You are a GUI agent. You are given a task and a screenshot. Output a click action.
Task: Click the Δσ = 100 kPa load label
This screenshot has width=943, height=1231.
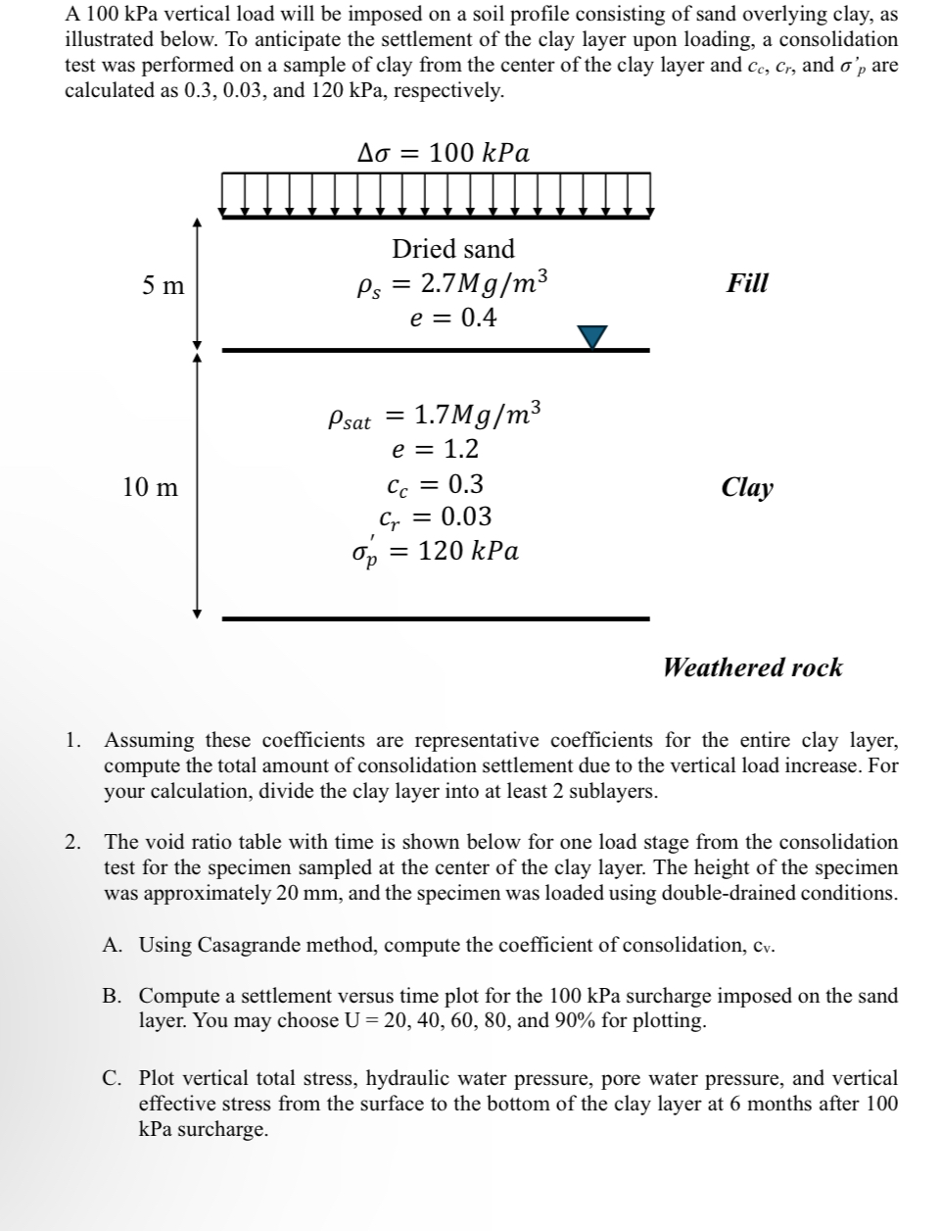point(444,153)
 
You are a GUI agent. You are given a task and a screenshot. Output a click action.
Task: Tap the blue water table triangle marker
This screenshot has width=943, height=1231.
point(592,336)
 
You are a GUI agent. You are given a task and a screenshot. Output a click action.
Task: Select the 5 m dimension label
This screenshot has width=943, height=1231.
point(163,285)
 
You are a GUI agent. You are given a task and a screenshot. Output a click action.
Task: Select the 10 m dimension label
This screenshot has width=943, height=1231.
point(151,487)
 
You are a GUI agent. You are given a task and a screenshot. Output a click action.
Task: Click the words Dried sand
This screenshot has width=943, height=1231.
point(452,249)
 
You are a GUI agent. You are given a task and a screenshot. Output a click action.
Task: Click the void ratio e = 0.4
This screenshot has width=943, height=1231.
point(452,318)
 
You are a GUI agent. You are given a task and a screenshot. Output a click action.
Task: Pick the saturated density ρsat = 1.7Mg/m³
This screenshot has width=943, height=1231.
point(433,417)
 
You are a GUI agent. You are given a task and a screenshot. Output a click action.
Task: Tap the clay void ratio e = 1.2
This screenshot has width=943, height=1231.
point(435,450)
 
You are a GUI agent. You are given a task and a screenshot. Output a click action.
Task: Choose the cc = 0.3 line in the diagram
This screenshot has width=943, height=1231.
point(435,484)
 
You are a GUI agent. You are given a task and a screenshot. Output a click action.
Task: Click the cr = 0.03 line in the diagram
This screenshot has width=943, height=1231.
point(435,517)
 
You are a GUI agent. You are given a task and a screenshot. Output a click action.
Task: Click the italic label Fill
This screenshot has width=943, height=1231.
point(747,283)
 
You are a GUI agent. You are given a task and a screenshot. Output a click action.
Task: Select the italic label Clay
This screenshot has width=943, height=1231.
point(747,487)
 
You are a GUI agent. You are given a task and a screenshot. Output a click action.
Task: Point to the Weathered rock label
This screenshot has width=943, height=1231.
point(752,667)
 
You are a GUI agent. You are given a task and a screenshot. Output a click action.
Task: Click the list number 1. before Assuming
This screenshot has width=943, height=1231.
point(73,740)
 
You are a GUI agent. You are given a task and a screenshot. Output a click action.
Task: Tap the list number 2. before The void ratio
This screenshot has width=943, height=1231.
point(73,842)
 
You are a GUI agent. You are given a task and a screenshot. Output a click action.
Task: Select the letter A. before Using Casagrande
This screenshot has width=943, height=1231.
point(114,945)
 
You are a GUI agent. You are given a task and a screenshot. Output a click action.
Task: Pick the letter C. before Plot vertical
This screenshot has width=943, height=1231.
point(114,1078)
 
